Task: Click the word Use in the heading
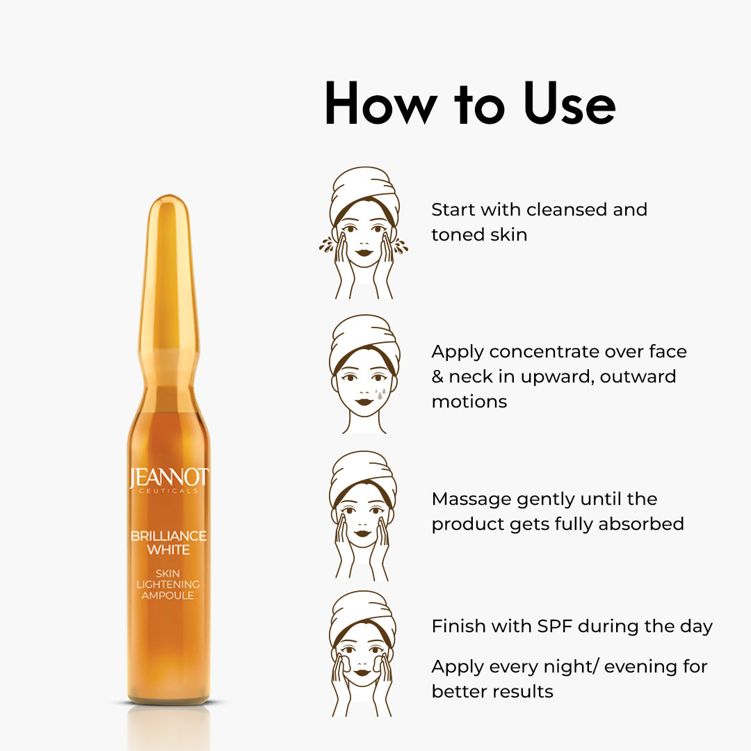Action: click(569, 104)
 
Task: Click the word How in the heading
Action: click(381, 104)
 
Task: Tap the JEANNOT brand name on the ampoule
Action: click(168, 478)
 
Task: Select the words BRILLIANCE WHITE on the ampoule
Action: click(168, 542)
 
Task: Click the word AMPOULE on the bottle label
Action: click(168, 595)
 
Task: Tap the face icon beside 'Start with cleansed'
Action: click(364, 233)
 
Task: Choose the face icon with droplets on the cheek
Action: click(364, 374)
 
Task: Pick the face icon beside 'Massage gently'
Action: click(362, 516)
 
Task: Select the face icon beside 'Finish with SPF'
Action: click(362, 654)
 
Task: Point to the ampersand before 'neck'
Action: click(437, 376)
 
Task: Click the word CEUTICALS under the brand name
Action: click(168, 491)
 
